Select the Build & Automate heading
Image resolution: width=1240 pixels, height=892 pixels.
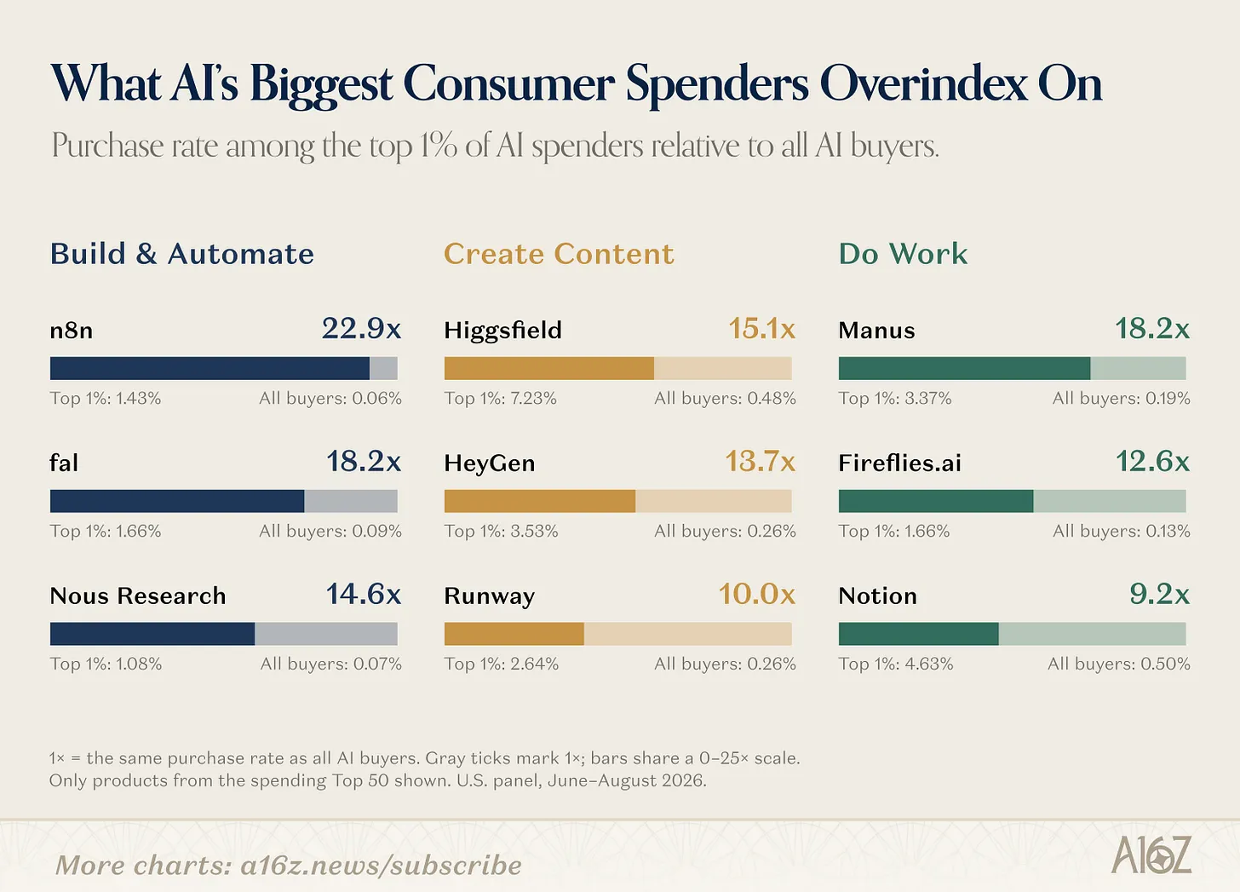tap(182, 254)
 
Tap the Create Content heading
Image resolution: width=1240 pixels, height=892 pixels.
tap(559, 254)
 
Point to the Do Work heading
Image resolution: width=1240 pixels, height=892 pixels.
tap(903, 254)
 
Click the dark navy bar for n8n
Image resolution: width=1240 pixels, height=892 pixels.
tap(210, 368)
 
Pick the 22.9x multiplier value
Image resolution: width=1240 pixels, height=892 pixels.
tap(361, 328)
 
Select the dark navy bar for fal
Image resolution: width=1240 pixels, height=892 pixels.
tap(177, 501)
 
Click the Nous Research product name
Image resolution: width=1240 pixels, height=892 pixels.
tap(138, 596)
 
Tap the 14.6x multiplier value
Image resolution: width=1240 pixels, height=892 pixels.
tap(363, 594)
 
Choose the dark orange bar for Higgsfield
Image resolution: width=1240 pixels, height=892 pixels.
tap(549, 368)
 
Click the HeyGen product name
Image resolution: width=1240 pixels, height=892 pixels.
tap(490, 463)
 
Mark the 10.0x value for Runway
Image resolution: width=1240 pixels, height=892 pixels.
tap(757, 594)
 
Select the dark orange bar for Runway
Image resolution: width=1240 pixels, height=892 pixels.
tap(514, 634)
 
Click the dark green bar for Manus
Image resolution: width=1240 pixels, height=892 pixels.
tap(964, 368)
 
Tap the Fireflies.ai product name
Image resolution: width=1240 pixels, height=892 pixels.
tap(899, 463)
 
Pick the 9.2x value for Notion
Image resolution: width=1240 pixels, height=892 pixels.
tap(1160, 594)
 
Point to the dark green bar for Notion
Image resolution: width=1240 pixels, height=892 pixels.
tap(919, 634)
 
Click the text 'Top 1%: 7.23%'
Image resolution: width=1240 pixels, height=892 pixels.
tap(501, 398)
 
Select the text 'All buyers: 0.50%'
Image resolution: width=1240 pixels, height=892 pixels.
tap(1119, 664)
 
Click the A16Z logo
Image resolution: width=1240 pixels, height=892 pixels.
tap(1151, 855)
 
